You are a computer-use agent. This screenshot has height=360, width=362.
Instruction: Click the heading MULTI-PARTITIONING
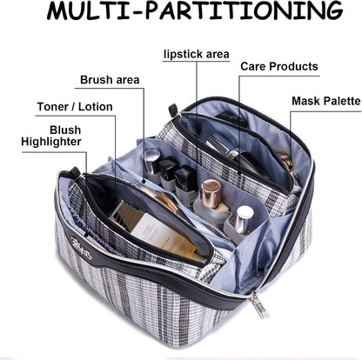click(x=195, y=11)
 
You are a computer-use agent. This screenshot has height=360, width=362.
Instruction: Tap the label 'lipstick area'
click(x=197, y=54)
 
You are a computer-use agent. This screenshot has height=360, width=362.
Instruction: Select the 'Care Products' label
click(x=279, y=66)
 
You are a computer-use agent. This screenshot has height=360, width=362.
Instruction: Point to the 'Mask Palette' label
click(x=326, y=101)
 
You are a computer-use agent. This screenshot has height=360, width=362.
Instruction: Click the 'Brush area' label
click(x=110, y=80)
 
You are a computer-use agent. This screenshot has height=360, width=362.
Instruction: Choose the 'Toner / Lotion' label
click(x=75, y=107)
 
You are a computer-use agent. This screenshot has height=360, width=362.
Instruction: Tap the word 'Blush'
click(x=65, y=130)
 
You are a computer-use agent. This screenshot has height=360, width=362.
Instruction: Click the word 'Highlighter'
click(x=51, y=142)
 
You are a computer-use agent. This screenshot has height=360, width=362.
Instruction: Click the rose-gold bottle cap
click(x=211, y=189)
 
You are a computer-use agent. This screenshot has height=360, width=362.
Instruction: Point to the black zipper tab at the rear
click(x=173, y=109)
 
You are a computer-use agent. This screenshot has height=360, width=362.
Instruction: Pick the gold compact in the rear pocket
click(x=285, y=162)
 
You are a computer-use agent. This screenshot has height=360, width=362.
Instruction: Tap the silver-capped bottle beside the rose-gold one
click(x=243, y=217)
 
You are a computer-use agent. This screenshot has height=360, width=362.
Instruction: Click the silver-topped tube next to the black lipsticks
click(x=152, y=162)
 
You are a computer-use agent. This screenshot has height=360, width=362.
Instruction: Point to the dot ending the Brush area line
click(x=144, y=181)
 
